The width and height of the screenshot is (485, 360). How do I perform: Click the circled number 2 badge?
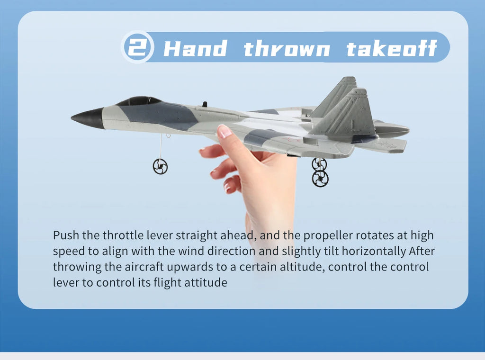(x=137, y=47)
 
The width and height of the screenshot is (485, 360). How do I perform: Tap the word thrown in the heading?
(x=287, y=49)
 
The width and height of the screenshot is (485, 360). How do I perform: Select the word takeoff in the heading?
(x=391, y=49)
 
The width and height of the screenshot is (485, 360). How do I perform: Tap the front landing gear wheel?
(x=160, y=166)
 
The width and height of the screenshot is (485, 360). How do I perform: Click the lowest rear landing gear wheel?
(x=320, y=179)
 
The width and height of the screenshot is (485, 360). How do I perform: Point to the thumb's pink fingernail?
(x=225, y=131)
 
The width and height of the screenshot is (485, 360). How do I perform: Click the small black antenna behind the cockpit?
(x=205, y=104)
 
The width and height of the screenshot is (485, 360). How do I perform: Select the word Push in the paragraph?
(x=66, y=235)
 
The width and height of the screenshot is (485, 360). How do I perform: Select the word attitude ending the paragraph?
(x=207, y=283)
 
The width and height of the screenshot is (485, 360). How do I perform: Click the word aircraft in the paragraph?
(x=146, y=267)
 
